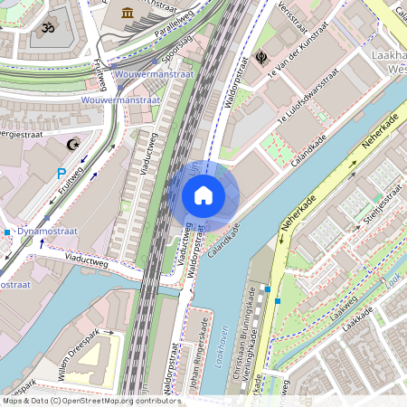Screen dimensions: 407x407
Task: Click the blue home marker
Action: (203, 195)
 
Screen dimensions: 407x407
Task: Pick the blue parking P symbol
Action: (62, 173)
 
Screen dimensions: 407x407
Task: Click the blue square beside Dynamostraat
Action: (6, 232)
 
